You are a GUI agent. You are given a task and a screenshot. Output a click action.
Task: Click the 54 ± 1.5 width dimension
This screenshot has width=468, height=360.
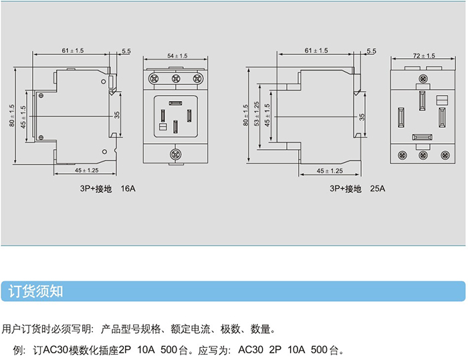point(177,56)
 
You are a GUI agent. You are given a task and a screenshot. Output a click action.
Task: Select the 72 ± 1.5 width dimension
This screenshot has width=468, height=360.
point(424,56)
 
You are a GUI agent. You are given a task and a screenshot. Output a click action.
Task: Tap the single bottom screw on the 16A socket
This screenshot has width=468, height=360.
point(177,154)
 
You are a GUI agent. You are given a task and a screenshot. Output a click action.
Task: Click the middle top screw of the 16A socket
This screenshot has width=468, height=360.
point(177,79)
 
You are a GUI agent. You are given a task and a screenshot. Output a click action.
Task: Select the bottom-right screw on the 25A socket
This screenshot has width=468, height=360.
point(443,155)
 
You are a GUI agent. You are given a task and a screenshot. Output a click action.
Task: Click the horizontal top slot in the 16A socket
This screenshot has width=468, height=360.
point(176,103)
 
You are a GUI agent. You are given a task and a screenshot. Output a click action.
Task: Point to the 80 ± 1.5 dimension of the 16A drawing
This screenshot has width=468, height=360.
point(12,115)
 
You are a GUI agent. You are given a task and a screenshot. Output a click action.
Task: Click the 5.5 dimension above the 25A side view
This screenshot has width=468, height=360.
point(371,51)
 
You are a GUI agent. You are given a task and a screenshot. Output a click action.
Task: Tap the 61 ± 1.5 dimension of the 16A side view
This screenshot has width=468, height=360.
point(73,51)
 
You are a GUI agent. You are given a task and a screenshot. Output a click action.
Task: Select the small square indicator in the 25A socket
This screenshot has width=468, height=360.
point(441,100)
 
